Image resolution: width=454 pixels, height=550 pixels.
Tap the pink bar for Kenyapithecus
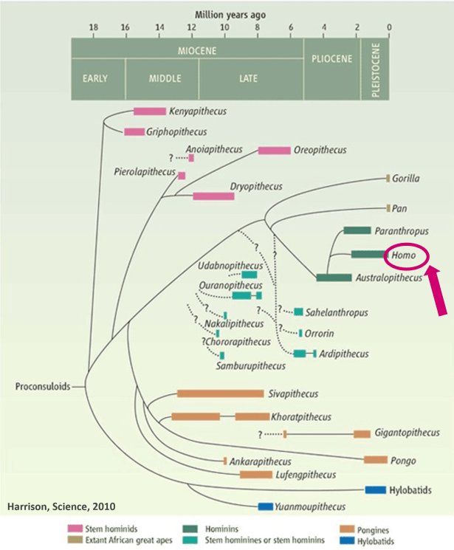click(149, 111)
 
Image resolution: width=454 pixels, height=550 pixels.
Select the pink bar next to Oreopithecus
click(274, 151)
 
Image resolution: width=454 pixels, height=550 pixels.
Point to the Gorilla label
click(407, 179)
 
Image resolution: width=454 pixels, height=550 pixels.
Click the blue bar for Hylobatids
click(376, 489)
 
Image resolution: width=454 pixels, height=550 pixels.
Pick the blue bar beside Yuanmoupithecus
click(265, 506)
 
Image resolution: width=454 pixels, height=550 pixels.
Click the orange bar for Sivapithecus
click(220, 393)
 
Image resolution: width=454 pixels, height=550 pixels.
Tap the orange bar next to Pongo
click(375, 460)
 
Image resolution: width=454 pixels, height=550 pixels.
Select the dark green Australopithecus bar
click(334, 278)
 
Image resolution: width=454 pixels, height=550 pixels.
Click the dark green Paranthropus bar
click(357, 230)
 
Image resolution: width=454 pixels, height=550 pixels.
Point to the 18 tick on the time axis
click(93, 29)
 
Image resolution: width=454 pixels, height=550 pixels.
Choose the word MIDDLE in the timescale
click(162, 78)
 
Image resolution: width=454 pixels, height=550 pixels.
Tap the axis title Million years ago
click(230, 14)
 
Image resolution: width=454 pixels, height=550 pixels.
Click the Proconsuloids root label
click(41, 386)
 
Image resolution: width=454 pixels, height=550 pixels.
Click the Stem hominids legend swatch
click(75, 529)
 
